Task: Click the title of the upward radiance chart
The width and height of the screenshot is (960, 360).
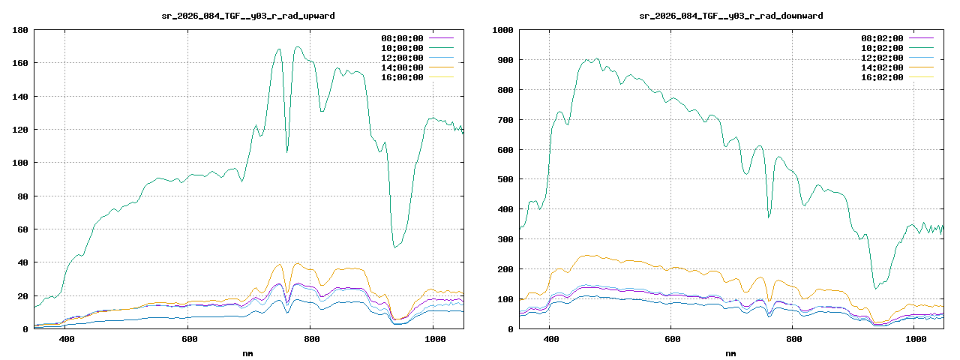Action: pos(248,15)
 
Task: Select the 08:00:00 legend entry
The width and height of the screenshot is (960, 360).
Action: pos(403,38)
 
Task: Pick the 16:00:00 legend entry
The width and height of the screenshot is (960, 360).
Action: pos(403,77)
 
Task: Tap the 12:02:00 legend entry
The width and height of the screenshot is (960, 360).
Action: pos(883,58)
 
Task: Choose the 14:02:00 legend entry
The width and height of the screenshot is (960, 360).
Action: pos(883,67)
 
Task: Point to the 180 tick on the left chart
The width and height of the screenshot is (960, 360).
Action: pos(20,30)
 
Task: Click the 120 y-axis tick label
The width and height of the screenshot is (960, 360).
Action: pos(20,130)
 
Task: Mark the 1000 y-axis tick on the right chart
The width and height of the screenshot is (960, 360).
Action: pos(502,30)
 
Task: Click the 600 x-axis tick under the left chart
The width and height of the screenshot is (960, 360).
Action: pos(188,340)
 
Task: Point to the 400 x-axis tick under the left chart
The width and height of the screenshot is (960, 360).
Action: pos(66,340)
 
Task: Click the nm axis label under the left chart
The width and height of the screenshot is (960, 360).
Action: pos(248,352)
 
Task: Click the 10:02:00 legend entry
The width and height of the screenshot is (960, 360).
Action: pos(883,48)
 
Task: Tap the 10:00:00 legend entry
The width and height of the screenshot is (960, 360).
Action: pos(403,48)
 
